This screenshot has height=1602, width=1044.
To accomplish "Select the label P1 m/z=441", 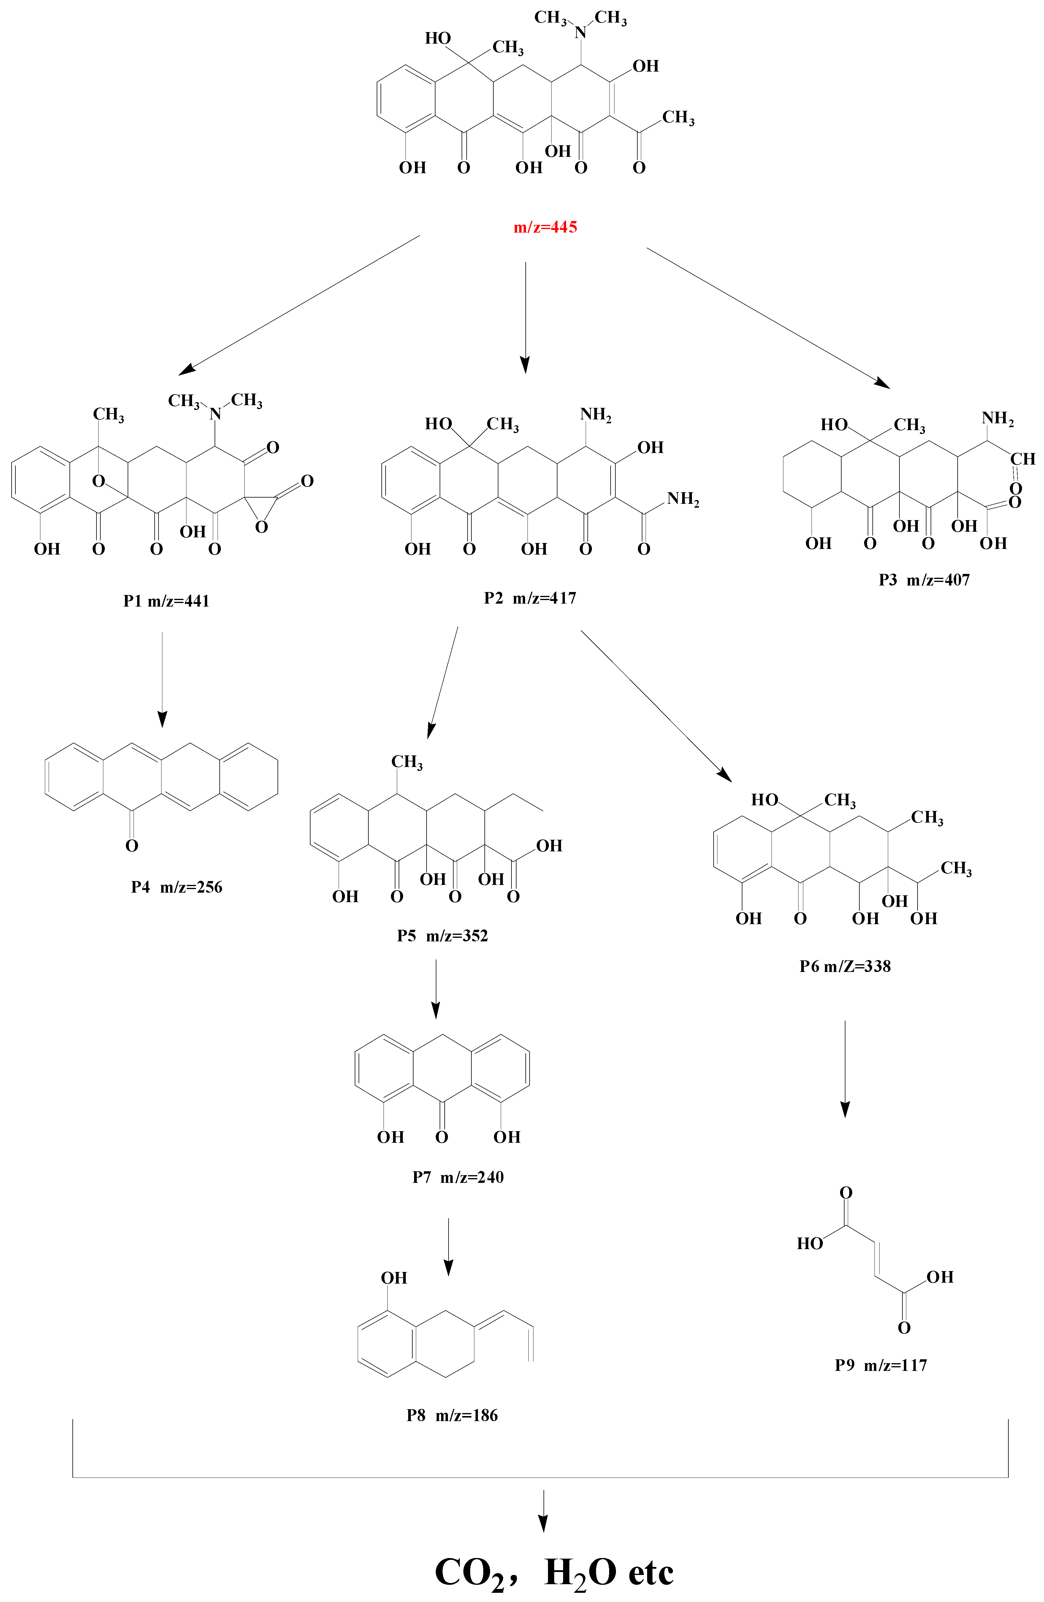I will pos(166,601).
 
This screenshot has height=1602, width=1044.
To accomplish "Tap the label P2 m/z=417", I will pos(530,598).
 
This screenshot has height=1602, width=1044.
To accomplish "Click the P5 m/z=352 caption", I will pos(442,936).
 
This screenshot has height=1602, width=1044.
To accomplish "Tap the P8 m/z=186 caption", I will pos(452,1415).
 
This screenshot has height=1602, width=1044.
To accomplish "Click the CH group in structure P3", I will pos(1022,459).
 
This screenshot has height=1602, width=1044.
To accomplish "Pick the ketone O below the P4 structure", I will pos(132,845).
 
